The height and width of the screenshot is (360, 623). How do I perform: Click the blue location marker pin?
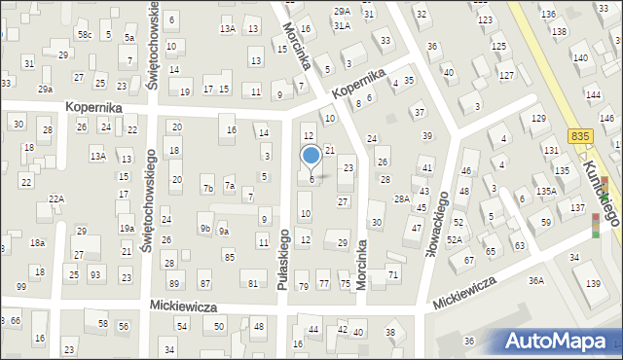tap(311, 157)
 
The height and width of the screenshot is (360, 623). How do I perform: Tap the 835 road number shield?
tap(581, 138)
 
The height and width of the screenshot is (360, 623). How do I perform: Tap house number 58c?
tap(86, 35)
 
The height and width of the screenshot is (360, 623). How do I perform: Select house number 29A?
tap(342, 11)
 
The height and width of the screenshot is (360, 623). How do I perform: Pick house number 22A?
tap(56, 198)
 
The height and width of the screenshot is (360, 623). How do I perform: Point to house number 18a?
tap(37, 243)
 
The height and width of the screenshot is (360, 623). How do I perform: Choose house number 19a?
tap(127, 228)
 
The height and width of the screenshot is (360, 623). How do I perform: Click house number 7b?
tap(207, 188)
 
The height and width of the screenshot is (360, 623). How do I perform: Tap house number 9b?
tap(205, 229)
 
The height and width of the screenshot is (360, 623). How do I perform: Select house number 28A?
tap(400, 198)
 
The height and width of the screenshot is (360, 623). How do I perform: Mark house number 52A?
tap(454, 239)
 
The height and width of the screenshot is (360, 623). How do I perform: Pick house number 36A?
tap(536, 281)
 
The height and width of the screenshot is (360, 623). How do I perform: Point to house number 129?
tap(538, 119)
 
